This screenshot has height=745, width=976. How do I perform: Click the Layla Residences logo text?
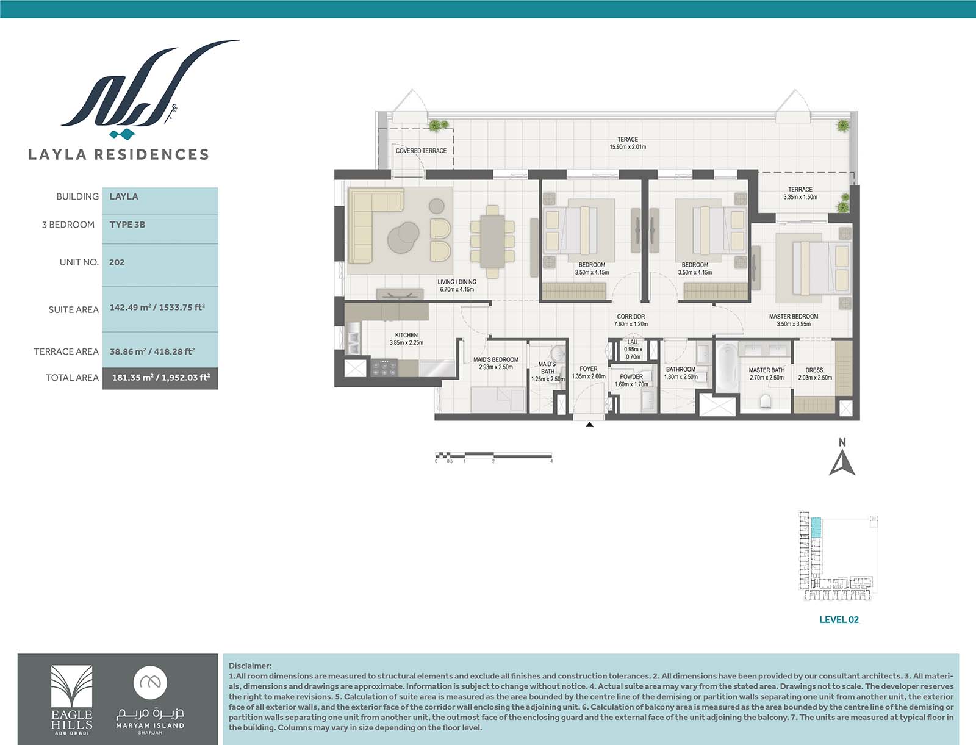tap(118, 154)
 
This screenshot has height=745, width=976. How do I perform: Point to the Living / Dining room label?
tap(457, 286)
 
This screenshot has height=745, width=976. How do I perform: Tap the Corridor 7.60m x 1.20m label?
tap(631, 320)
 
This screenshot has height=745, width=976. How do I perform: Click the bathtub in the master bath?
tap(726, 367)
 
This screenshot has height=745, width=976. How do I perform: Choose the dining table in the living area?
tap(492, 241)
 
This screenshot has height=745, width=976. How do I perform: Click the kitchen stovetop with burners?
tap(384, 368)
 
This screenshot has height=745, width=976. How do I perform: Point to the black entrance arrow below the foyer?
tap(590, 425)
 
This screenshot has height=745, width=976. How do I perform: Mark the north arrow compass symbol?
tap(842, 462)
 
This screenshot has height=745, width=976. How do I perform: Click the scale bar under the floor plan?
tap(493, 455)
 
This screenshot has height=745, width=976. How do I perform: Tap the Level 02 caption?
tap(839, 619)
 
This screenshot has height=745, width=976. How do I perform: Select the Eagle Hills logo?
tap(71, 700)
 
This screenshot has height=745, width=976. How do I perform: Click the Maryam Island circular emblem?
tap(150, 682)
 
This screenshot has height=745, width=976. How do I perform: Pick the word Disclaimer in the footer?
tap(250, 666)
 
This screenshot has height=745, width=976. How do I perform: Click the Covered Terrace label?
tap(421, 151)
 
